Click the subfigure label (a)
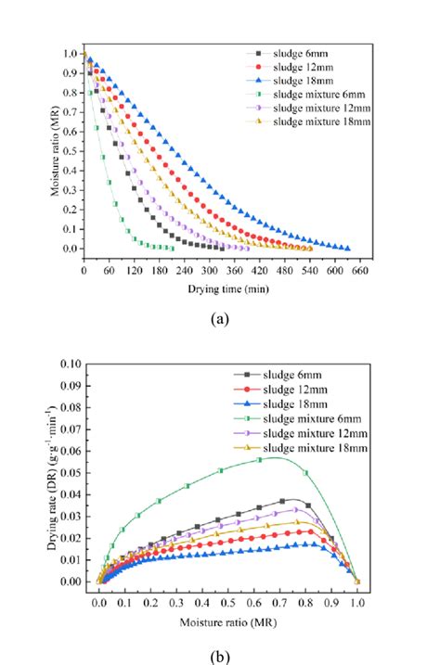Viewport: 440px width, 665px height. click(220, 318)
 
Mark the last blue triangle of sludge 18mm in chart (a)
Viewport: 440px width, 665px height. click(346, 249)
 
